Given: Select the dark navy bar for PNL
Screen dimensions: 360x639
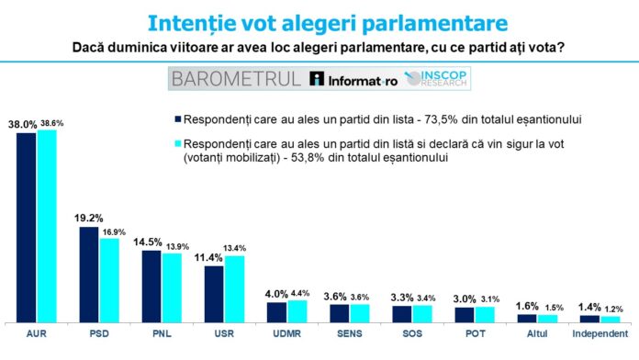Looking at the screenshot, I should pos(151,286).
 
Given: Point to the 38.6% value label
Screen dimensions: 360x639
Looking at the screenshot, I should pos(49,122).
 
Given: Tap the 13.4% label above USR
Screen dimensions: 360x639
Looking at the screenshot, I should pos(234,249).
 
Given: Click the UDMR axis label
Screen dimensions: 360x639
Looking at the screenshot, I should pos(286,334).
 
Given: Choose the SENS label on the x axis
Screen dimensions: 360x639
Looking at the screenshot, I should pos(348,334).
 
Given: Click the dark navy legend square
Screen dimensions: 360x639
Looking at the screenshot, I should pos(175,119).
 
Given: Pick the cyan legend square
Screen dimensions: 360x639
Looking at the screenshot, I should pos(175,144).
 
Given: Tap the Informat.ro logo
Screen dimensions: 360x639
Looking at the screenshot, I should pos(353,79).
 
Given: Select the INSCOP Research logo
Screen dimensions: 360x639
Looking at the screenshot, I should pos(437,79).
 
